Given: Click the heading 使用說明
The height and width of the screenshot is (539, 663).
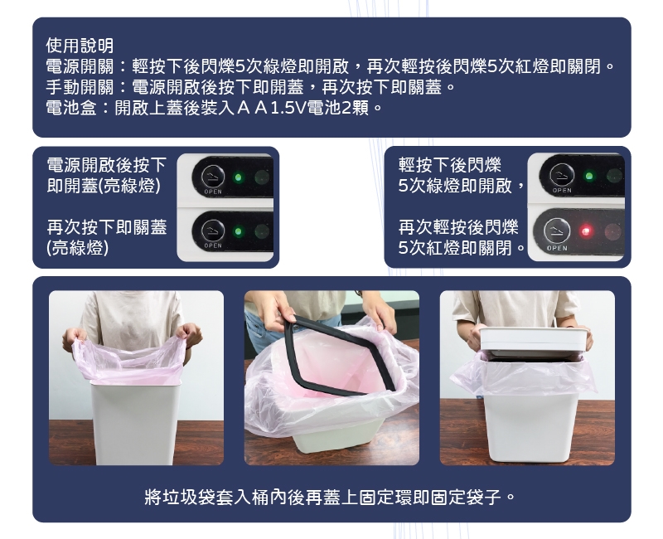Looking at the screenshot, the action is click(80, 46).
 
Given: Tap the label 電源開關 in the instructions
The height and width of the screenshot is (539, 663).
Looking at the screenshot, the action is click(80, 66).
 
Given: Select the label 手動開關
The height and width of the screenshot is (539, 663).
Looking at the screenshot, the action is click(80, 87).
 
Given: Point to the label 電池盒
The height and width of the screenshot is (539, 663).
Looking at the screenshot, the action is click(71, 108).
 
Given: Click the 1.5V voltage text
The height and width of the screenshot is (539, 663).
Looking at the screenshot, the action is click(287, 109).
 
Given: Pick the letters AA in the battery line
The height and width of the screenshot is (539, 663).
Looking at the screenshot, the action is click(252, 109).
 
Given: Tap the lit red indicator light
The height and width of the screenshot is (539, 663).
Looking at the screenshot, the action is click(586, 231).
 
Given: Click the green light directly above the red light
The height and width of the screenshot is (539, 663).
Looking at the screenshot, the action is click(588, 176).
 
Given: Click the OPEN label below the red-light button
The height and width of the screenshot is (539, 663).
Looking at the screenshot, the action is click(557, 248).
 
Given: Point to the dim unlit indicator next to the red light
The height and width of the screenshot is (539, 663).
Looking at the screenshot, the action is click(612, 231).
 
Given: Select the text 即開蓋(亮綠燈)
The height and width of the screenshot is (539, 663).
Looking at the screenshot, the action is click(104, 186).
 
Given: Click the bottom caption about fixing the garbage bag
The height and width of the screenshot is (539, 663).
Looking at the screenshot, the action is click(330, 497).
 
